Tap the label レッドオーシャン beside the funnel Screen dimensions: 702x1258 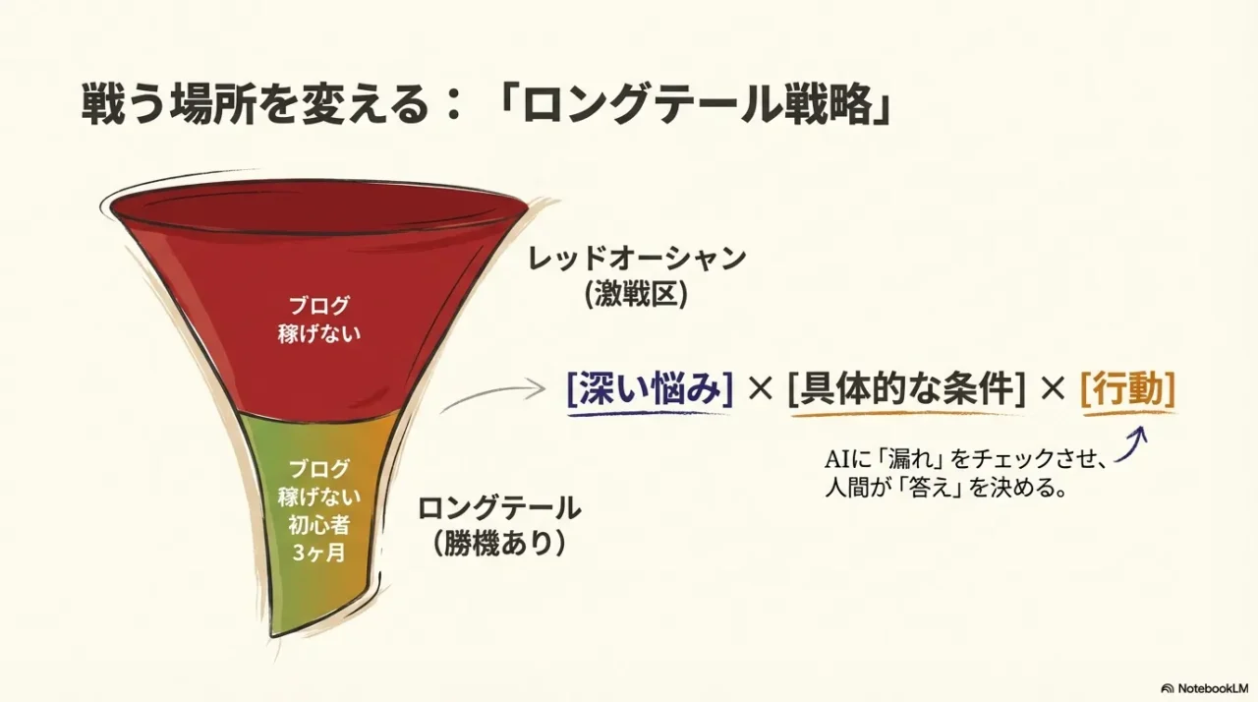coord(637,260)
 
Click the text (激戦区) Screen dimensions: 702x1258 coord(637,296)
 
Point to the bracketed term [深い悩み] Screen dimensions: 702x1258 coord(651,390)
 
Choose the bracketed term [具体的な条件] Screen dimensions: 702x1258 coord(905,390)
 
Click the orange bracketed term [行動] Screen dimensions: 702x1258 coord(1127,390)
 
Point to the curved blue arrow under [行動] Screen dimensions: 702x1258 coord(1134,444)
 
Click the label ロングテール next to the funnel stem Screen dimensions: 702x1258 coord(499,508)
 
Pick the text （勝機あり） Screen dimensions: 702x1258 coord(499,544)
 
